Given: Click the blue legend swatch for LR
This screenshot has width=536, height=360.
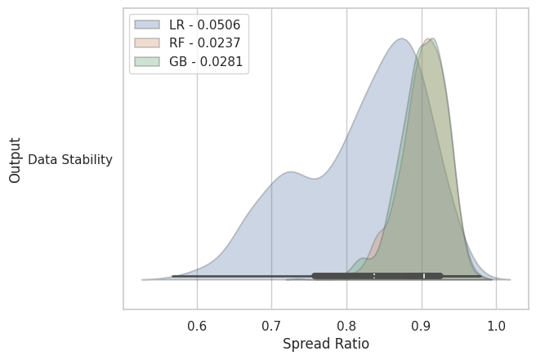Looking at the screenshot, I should point(147,24).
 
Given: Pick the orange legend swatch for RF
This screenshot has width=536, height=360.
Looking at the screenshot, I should point(147,43).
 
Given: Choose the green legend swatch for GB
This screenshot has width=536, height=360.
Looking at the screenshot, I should point(147,62).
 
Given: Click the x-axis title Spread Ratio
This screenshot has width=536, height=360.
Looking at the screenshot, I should point(325,344).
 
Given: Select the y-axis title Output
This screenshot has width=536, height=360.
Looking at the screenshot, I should point(16,160).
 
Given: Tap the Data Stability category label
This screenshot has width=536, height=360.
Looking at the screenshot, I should point(70,160).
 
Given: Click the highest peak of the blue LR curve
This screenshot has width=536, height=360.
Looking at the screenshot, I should point(401,38).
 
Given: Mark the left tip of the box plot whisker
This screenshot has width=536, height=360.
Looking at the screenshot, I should point(172,276).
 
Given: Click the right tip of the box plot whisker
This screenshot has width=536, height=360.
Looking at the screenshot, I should point(480,276).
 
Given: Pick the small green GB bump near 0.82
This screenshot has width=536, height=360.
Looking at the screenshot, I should point(362,259).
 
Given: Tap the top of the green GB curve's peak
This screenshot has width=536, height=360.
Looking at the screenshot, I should point(431,39).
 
